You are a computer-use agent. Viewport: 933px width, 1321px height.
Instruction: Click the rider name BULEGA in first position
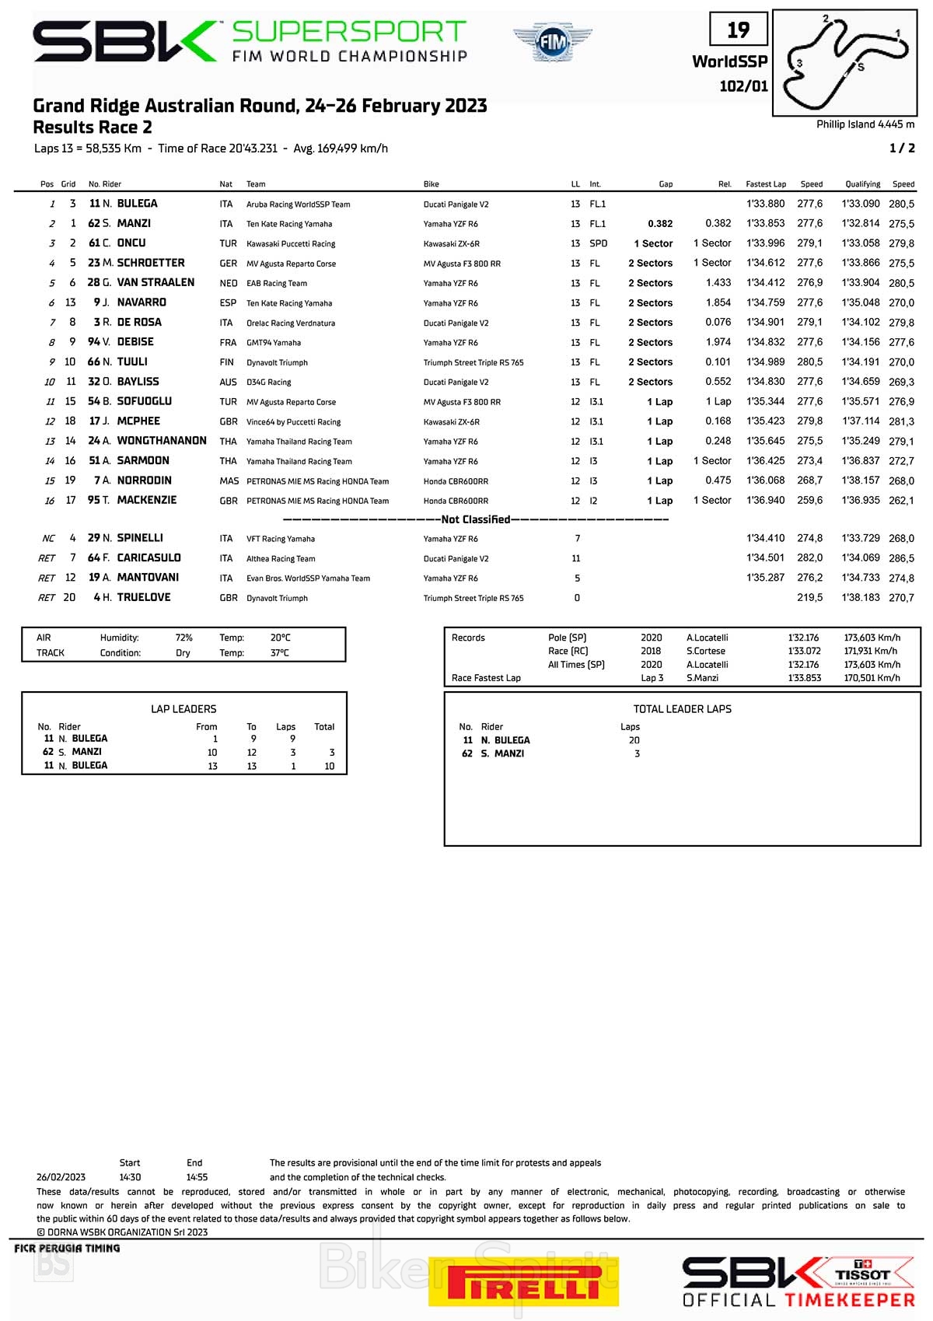click(137, 204)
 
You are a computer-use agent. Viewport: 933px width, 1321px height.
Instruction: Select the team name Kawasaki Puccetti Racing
click(291, 244)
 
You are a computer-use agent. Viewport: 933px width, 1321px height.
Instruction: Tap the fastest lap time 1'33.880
click(765, 204)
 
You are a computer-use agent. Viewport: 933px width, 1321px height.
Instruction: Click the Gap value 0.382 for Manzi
click(660, 224)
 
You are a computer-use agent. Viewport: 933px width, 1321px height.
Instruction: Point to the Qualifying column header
click(862, 184)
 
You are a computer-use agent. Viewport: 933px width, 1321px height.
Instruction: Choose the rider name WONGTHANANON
click(162, 441)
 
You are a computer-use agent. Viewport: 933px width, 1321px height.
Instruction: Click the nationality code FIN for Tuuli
click(227, 362)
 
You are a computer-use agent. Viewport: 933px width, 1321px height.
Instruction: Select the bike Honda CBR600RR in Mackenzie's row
click(456, 501)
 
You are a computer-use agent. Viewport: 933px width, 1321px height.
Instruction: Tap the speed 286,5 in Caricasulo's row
click(901, 558)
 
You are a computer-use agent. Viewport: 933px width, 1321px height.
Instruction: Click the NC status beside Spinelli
click(48, 539)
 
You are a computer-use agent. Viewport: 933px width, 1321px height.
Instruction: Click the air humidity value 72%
click(183, 638)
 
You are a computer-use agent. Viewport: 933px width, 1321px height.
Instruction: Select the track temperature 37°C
click(279, 653)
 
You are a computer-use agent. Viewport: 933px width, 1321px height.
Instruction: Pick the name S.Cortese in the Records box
click(705, 652)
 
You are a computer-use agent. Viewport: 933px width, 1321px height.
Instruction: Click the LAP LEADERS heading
click(183, 709)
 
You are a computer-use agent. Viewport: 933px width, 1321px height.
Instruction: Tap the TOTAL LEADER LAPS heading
click(682, 709)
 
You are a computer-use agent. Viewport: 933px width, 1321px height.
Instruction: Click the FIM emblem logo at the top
click(552, 41)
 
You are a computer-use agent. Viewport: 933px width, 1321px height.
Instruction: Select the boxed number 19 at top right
click(738, 30)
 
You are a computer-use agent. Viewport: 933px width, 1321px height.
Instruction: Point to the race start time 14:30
click(130, 1177)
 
